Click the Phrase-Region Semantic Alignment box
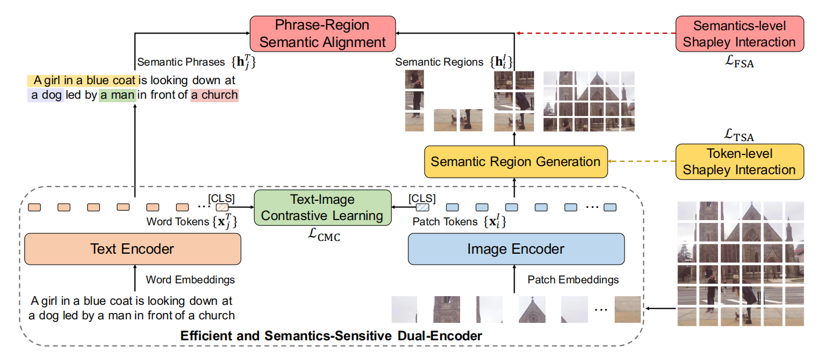click(322, 34)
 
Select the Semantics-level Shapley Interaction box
click(739, 34)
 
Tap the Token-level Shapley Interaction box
click(739, 161)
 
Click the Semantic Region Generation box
click(515, 161)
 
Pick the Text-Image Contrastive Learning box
click(322, 208)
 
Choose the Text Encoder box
click(132, 249)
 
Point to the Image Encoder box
click(515, 249)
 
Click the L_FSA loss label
click(739, 63)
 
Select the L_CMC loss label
click(322, 235)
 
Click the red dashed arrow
click(596, 34)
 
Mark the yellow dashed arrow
click(641, 161)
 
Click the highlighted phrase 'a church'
click(214, 95)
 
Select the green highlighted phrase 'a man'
click(117, 95)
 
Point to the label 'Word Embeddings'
click(191, 280)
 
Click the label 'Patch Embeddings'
click(573, 280)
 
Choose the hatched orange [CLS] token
click(223, 207)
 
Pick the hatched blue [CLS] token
click(422, 207)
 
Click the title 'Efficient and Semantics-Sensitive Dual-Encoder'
click(331, 336)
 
